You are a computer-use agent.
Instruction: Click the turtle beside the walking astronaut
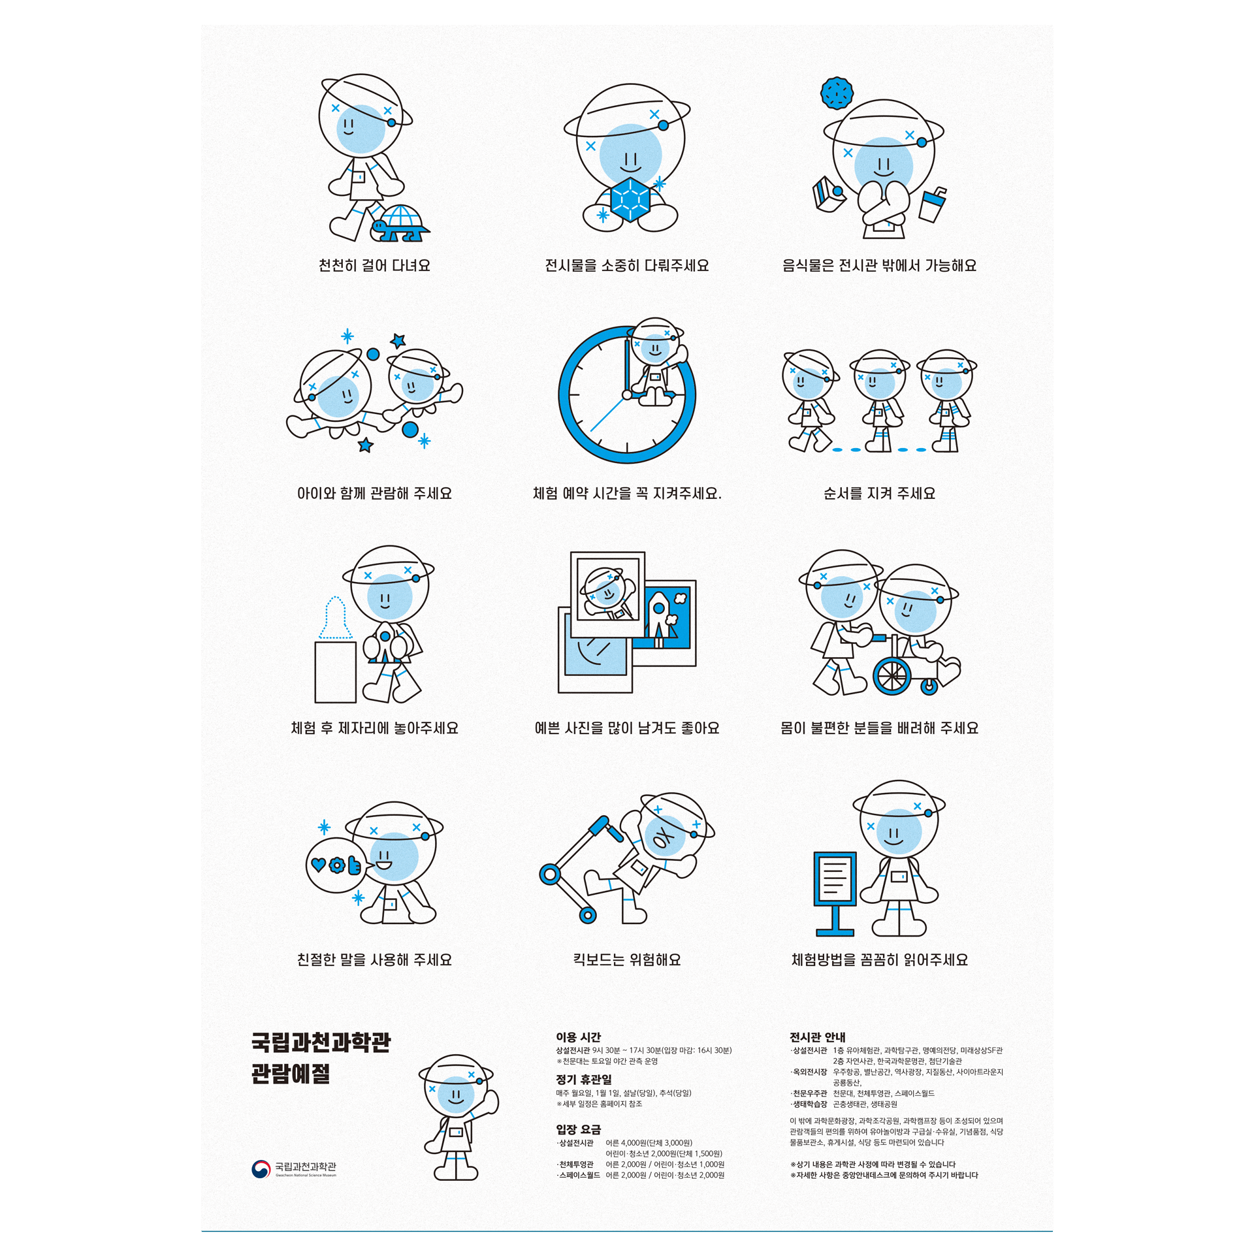tap(400, 223)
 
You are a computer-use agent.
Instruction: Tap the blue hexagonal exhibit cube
tap(630, 199)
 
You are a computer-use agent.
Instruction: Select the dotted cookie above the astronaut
tap(837, 93)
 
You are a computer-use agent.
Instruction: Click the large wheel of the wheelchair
tap(892, 676)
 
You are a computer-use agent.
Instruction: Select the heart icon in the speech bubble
tap(318, 865)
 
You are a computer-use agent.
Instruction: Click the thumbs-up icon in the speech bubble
tap(354, 865)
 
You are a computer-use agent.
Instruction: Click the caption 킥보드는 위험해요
tap(627, 959)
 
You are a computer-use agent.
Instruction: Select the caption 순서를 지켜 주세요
tap(879, 493)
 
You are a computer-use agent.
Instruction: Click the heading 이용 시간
tap(578, 1037)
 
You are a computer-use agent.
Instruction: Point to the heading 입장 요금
tap(578, 1129)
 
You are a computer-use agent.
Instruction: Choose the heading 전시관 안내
tap(818, 1037)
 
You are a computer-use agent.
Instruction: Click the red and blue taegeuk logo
tap(261, 1169)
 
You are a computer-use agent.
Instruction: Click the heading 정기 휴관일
tap(584, 1080)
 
